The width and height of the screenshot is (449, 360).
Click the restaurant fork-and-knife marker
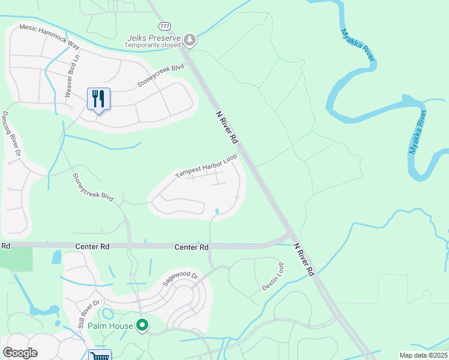coord(99,98)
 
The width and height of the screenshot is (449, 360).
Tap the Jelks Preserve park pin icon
coord(190,40)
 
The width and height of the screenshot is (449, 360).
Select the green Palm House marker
coord(142,326)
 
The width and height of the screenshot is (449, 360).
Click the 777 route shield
coord(165,26)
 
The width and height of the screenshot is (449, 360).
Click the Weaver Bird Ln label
coord(71,76)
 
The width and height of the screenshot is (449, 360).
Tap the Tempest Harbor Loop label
coord(206,166)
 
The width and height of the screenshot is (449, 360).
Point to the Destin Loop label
coord(273,277)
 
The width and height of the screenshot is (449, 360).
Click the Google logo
coord(20,353)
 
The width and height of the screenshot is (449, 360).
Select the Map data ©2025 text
coord(423,355)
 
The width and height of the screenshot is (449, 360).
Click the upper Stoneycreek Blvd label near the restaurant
coord(160,76)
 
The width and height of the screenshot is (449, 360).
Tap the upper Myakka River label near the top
coord(358,45)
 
